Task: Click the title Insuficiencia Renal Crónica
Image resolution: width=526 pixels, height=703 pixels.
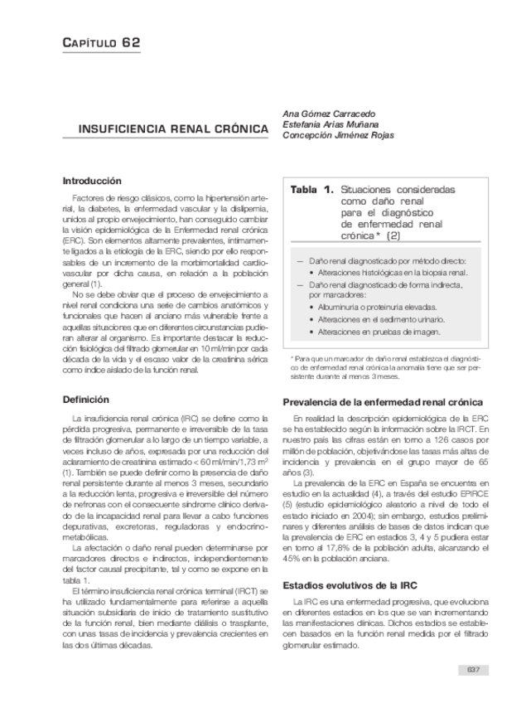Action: tap(172, 130)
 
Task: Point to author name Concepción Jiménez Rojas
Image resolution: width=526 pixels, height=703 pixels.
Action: tap(338, 135)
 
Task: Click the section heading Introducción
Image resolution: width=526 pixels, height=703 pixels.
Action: tap(92, 181)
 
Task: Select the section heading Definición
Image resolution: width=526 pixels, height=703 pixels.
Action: tap(86, 400)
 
